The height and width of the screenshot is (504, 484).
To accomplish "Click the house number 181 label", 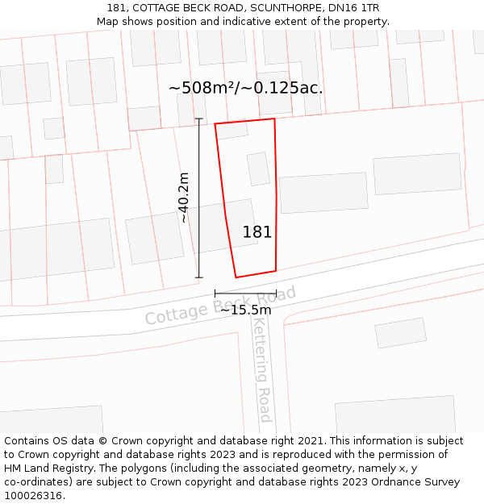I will coord(257,232).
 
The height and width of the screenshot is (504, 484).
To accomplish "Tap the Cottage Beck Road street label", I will coord(220,306).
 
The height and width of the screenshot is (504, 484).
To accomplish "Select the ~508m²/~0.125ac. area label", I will coord(245,88).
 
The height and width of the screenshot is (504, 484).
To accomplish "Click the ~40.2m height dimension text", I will coord(184,198).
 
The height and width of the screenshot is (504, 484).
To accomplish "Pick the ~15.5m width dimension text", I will coord(245,310).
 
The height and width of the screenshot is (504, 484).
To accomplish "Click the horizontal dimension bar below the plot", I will coord(245,293).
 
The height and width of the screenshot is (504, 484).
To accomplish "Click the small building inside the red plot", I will coord(258,169).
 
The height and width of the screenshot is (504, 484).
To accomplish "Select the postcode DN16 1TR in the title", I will coord(351,8).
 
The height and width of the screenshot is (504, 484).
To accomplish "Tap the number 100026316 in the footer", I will coord(32,496).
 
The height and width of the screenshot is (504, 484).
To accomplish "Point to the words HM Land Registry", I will coord(46,469).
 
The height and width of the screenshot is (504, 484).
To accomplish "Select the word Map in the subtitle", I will coord(107,22).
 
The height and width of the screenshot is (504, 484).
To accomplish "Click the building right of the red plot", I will coord(323,192).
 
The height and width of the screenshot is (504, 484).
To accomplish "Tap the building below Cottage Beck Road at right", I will coord(401,332).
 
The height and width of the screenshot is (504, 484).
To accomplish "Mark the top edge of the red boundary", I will coord(244,122).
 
